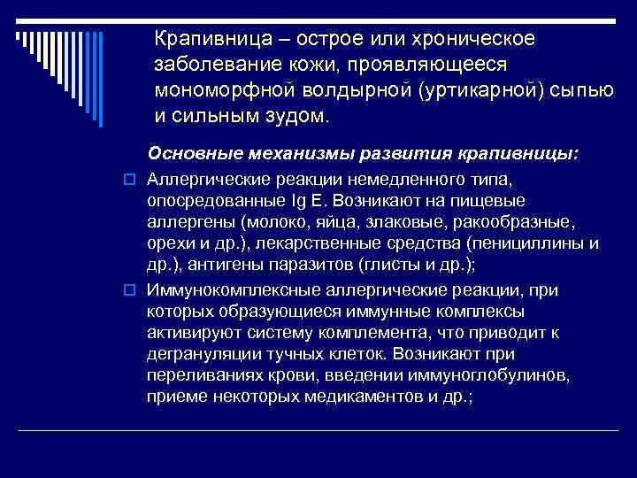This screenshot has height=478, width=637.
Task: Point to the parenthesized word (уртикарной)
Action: tap(474, 91)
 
